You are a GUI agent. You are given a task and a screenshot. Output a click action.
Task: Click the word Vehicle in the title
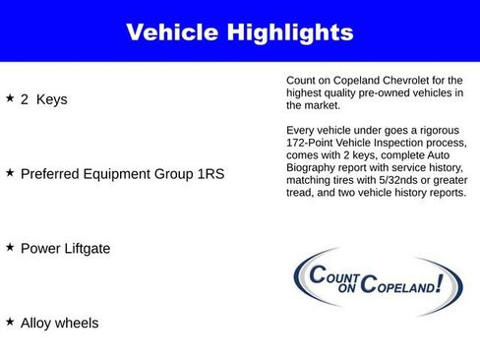point(172,32)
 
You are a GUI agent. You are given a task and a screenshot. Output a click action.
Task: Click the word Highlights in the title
point(289,32)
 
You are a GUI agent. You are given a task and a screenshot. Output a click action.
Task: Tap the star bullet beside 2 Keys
point(10,98)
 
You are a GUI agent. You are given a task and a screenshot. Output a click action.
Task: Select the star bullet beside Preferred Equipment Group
point(10,172)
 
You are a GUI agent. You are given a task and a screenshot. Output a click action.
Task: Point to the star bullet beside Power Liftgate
point(10,247)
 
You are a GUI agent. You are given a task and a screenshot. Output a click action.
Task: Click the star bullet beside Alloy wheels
point(10,322)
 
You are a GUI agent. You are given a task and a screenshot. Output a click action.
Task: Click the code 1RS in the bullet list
point(210,173)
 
